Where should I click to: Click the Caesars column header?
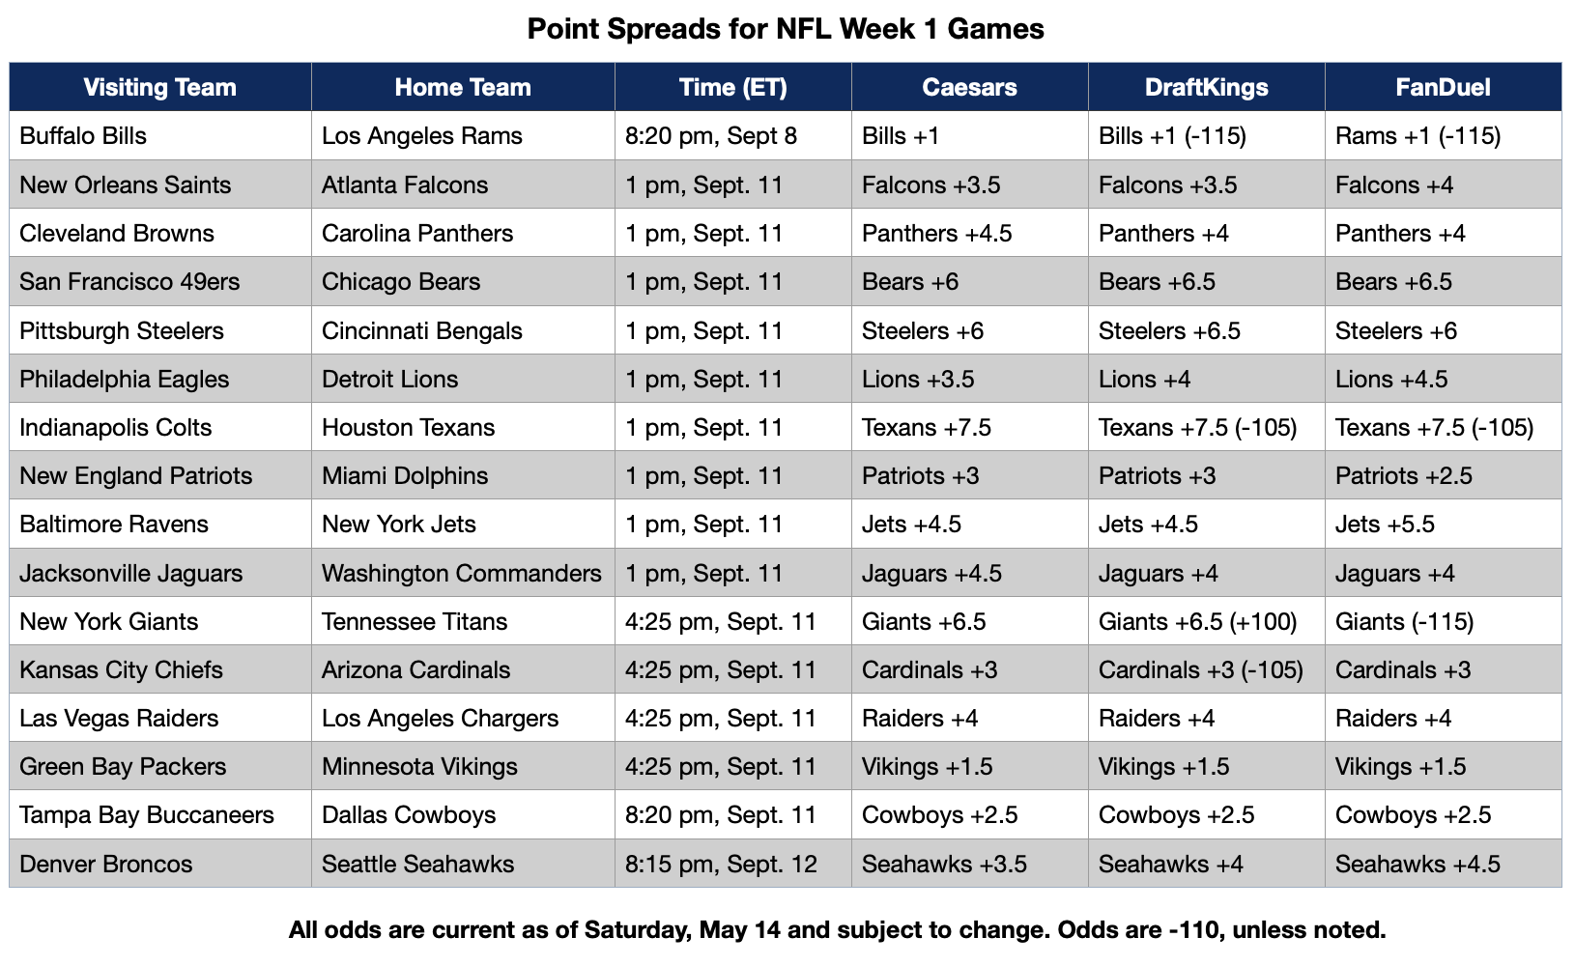969,87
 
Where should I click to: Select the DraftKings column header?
1207,87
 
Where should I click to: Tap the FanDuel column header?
1443,87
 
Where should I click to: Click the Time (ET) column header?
732,87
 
